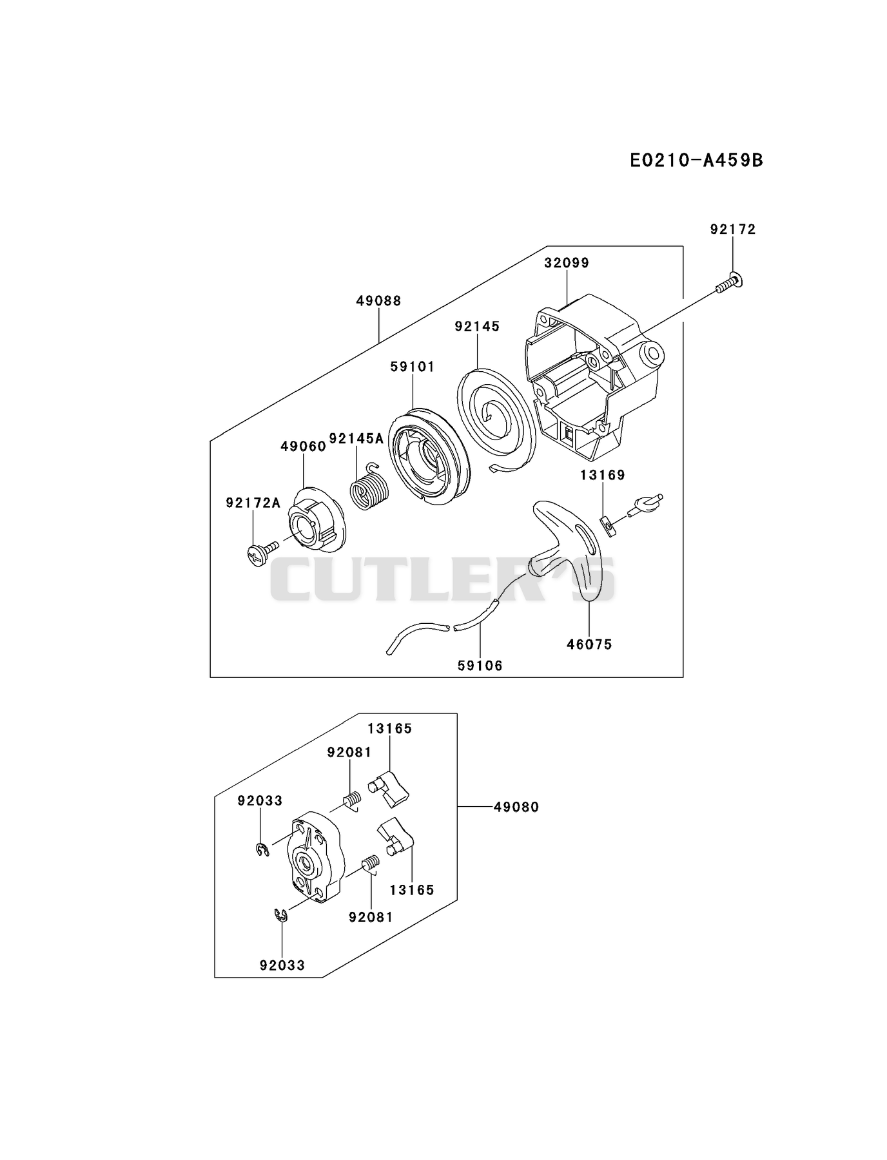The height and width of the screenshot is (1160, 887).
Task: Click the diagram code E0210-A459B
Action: [696, 160]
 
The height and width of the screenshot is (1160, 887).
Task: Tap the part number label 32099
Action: [567, 263]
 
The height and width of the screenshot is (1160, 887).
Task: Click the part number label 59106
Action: [480, 666]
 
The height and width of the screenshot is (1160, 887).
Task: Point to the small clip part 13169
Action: [608, 527]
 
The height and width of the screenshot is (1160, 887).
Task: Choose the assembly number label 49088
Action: [379, 301]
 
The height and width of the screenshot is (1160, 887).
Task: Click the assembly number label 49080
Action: [516, 807]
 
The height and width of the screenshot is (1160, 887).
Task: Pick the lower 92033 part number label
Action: [282, 965]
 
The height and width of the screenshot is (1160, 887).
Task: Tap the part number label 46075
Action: [590, 644]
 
